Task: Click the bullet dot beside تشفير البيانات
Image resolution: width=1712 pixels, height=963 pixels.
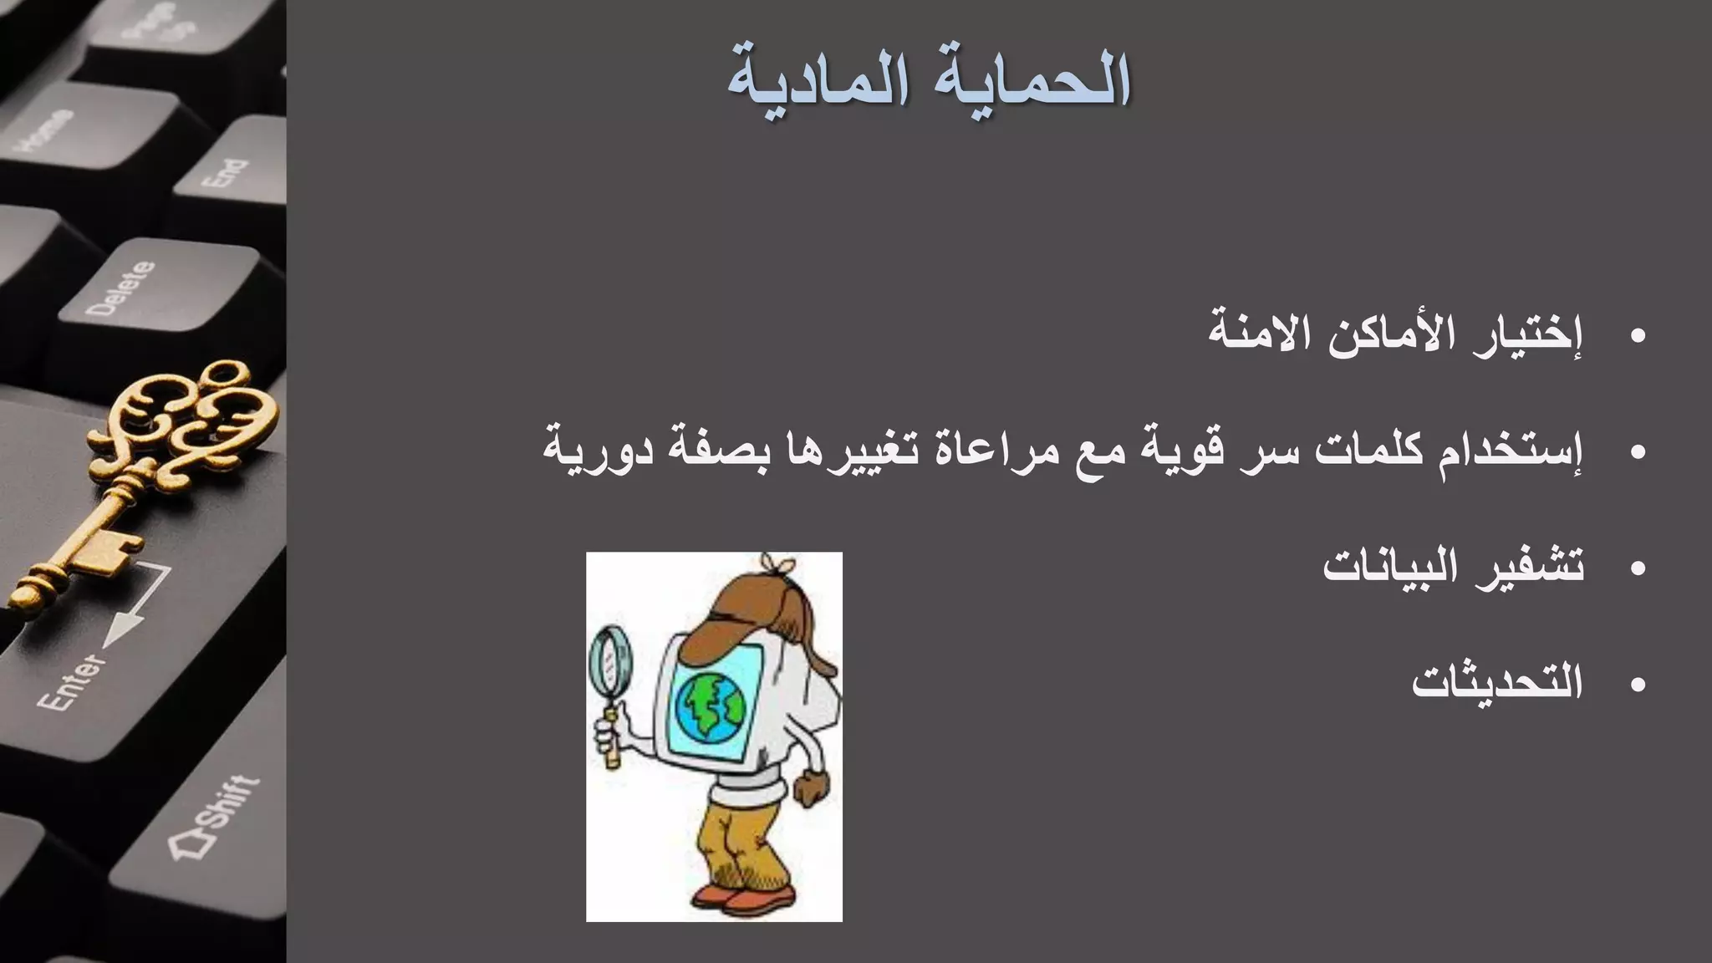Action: (x=1638, y=569)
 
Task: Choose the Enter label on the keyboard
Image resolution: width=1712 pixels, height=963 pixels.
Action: (x=72, y=681)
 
